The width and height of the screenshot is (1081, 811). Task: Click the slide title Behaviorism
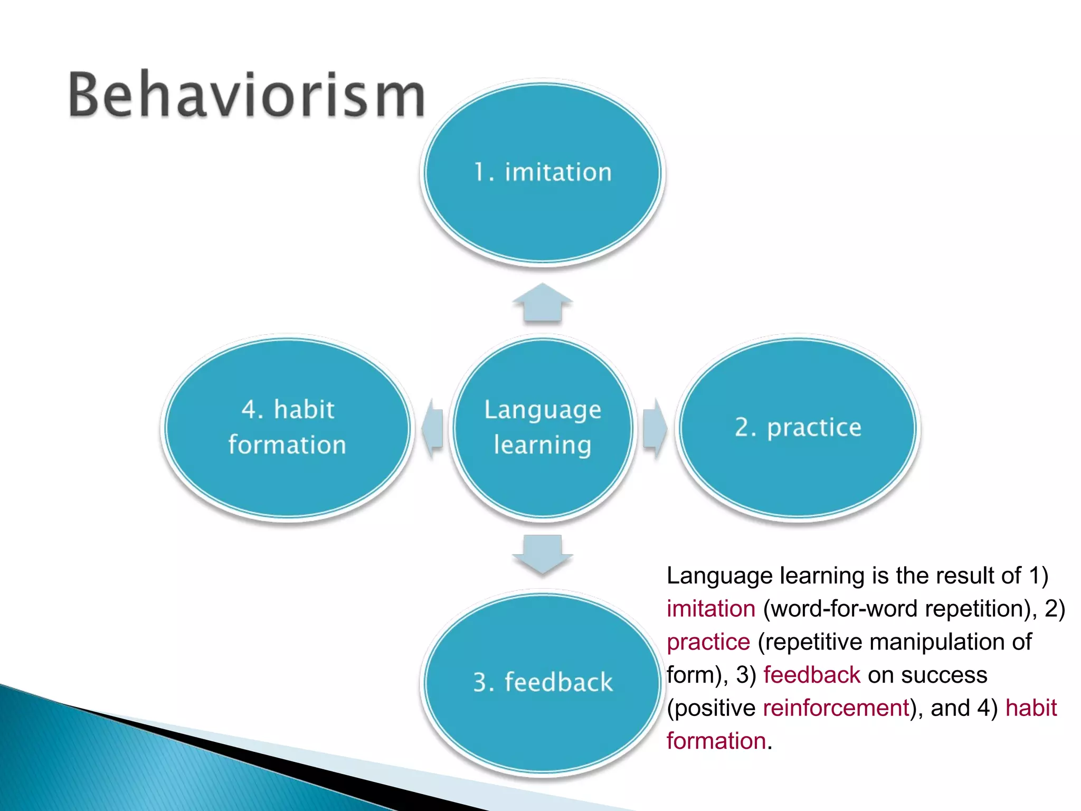point(246,95)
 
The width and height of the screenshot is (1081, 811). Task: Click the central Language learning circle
point(542,475)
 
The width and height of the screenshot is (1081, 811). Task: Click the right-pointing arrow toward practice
point(655,428)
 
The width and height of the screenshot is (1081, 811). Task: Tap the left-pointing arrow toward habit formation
point(433,428)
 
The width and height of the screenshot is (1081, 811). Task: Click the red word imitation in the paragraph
point(710,609)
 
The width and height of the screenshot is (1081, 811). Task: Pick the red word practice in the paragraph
point(708,642)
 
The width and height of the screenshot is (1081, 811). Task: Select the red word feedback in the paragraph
point(811,675)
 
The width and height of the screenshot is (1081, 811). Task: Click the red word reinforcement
point(836,708)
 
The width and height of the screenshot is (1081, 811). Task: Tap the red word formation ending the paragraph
point(716,741)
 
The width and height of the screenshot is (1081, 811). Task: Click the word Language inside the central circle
point(542,410)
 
